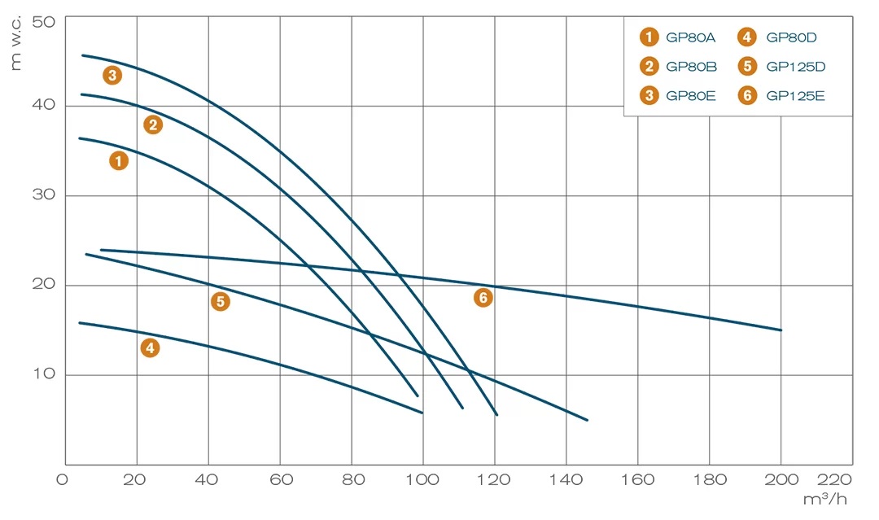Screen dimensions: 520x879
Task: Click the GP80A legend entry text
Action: (x=689, y=37)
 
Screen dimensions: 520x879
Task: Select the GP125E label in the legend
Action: (x=795, y=96)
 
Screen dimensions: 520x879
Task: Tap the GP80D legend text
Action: (x=791, y=37)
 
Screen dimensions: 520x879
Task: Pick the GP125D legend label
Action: (x=795, y=66)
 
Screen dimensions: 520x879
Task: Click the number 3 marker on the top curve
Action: (x=112, y=76)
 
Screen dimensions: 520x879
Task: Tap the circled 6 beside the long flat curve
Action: (x=483, y=298)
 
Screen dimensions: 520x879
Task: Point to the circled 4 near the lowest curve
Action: (x=150, y=348)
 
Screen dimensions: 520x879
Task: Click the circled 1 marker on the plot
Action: (x=119, y=161)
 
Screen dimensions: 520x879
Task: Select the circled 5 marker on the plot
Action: (x=220, y=302)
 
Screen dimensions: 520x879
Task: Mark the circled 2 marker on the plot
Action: (x=153, y=125)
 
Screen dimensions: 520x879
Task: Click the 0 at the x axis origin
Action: (x=63, y=479)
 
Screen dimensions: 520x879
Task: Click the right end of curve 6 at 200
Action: (x=781, y=330)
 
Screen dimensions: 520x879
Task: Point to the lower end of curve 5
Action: (x=587, y=420)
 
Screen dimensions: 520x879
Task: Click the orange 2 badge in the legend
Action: (x=649, y=66)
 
